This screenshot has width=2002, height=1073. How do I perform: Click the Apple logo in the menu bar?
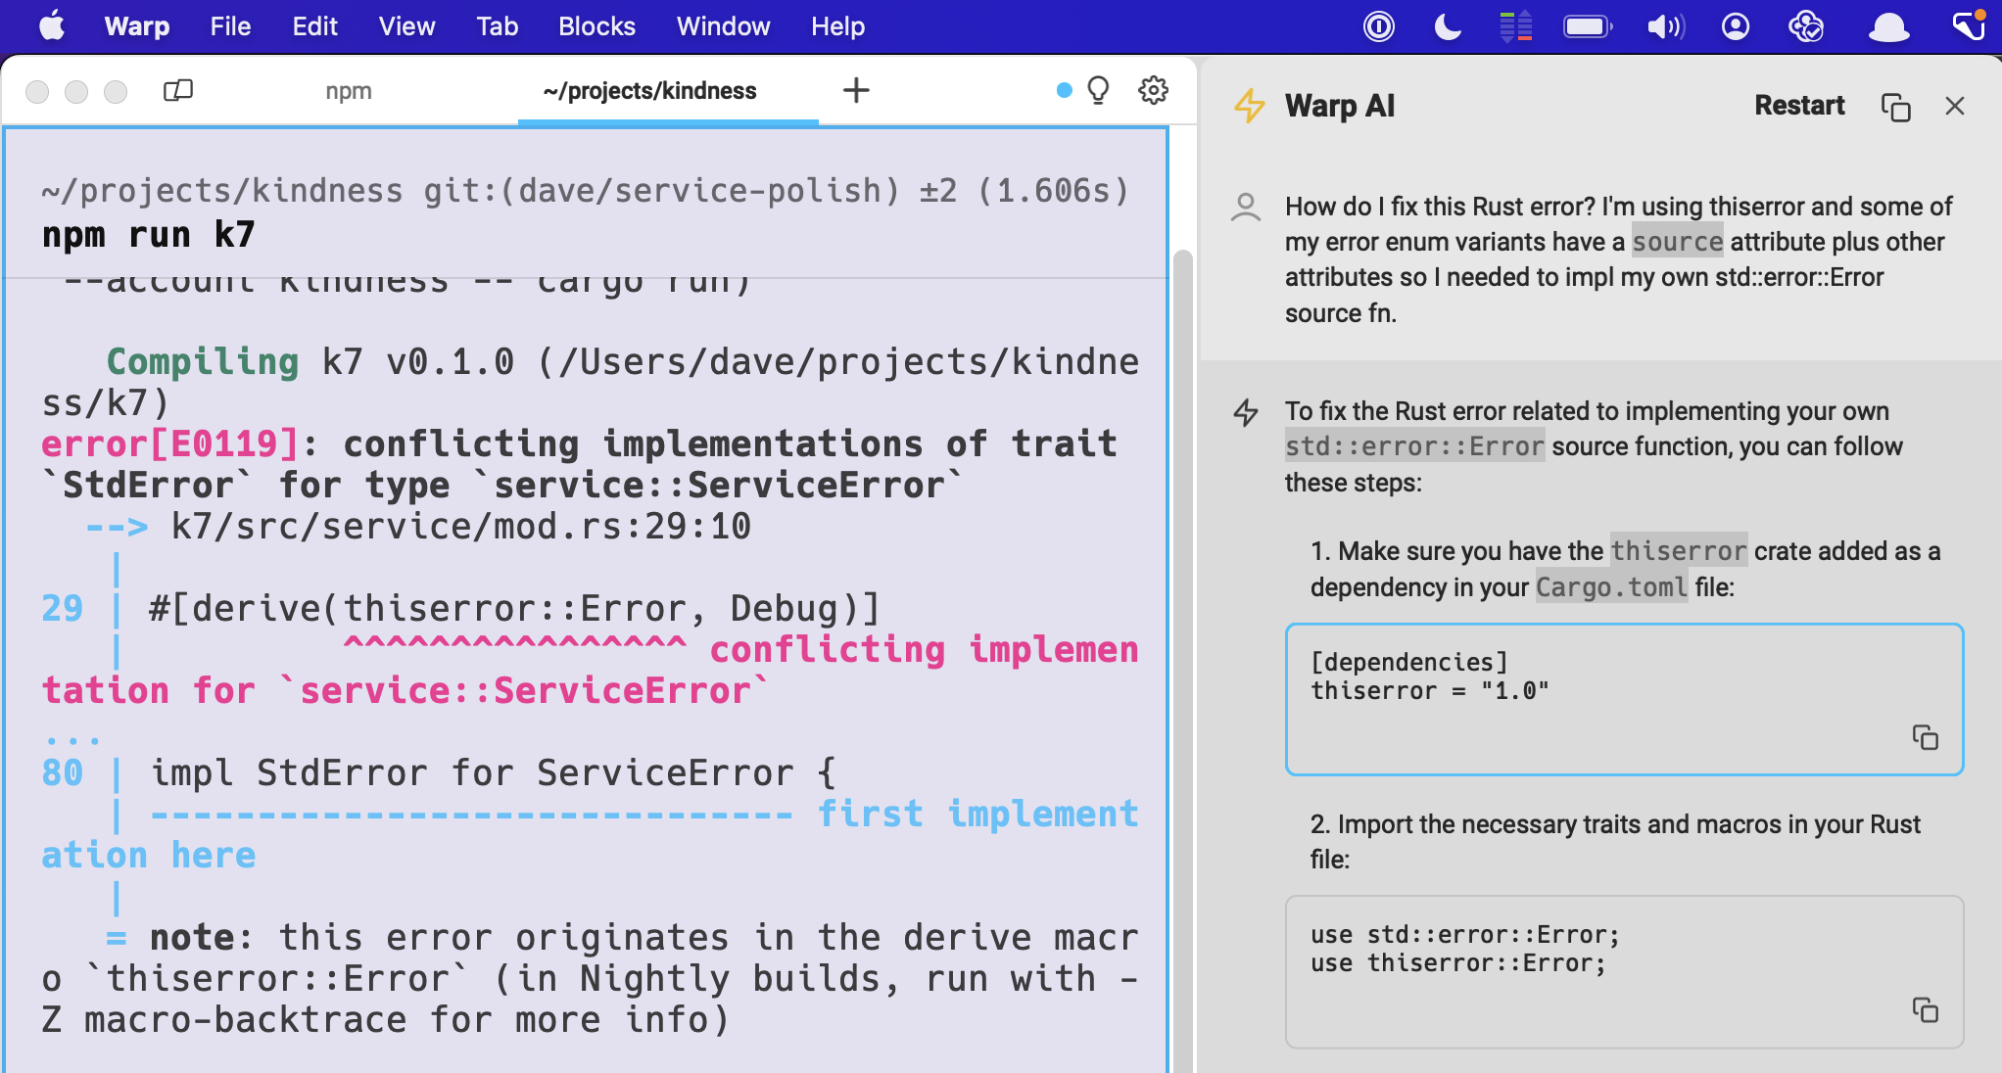[52, 25]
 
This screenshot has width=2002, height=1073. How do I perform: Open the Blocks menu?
[596, 26]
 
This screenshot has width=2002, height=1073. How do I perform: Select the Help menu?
[837, 26]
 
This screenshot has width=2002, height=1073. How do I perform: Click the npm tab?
[349, 91]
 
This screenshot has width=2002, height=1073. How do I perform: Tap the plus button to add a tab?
[856, 91]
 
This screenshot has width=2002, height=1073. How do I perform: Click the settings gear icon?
[1154, 90]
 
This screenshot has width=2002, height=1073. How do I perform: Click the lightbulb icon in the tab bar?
[1099, 90]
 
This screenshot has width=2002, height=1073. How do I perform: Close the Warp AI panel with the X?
[1955, 106]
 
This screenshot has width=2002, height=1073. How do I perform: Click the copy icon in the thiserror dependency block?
[1925, 737]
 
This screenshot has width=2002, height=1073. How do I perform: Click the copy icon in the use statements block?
[1925, 1009]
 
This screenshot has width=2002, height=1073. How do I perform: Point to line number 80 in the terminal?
[63, 773]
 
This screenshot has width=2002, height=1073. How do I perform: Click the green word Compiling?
[203, 362]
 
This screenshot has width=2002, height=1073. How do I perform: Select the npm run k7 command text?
[149, 235]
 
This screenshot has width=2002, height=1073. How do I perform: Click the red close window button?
[37, 91]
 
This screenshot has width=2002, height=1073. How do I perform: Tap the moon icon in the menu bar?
[1447, 26]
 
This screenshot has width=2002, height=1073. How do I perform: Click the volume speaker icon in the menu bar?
[1664, 26]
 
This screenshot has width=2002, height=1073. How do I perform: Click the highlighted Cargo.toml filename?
[1611, 587]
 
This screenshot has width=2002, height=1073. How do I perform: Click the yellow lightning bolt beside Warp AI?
[1249, 106]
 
